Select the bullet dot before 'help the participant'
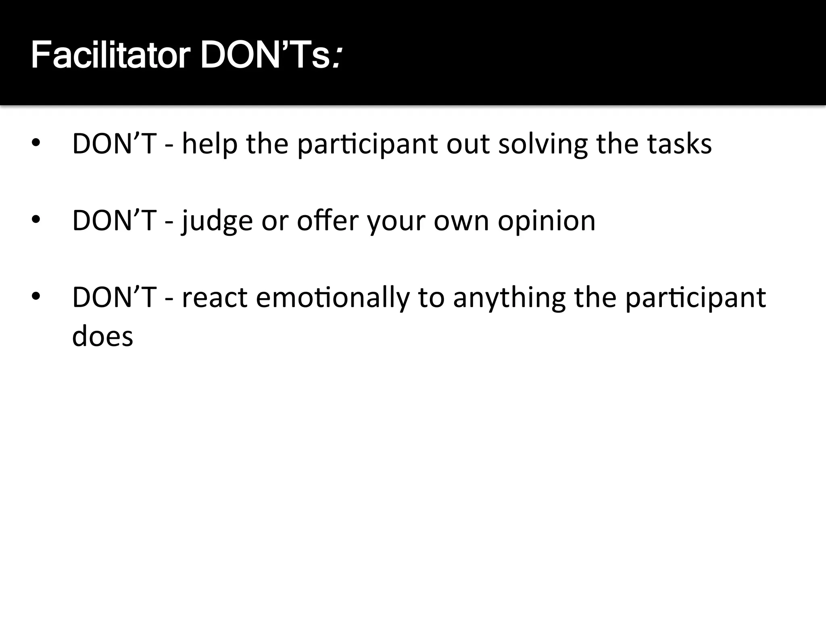pos(36,143)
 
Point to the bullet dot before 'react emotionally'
pos(36,297)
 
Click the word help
pos(210,144)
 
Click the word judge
pos(217,221)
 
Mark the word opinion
pos(546,221)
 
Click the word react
pos(214,297)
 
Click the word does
pos(102,336)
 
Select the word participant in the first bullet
pos(367,144)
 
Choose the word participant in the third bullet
pos(696,297)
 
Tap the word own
pos(461,221)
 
